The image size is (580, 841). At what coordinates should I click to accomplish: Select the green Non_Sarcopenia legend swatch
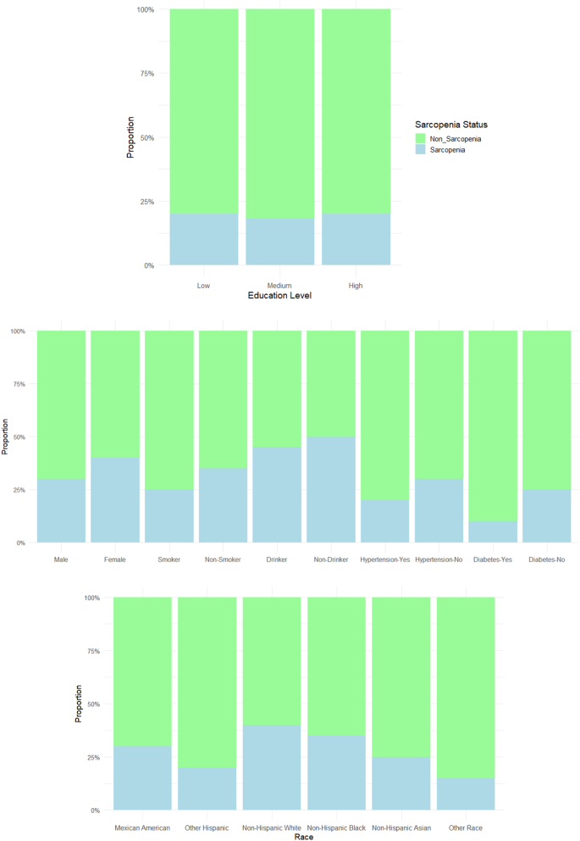coord(418,137)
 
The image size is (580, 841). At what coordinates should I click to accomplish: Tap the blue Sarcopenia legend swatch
coord(418,149)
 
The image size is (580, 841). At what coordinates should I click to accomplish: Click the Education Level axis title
coord(279,296)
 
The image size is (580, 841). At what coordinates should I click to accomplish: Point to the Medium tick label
coord(279,285)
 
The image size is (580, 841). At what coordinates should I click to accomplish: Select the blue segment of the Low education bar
coord(203,240)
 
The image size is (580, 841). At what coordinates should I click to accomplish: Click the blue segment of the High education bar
coord(356,240)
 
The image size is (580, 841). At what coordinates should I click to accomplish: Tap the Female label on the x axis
coord(115,559)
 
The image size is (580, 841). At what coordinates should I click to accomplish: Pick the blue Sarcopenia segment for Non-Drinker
coord(331,489)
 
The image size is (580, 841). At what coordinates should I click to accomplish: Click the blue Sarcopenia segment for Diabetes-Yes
coord(493,532)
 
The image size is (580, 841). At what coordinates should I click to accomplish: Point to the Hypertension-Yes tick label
coord(385,559)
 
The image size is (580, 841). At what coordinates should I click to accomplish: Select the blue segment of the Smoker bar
coord(168,515)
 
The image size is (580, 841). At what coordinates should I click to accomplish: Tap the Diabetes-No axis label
coord(547,559)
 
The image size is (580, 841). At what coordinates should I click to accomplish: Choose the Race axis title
coord(304,836)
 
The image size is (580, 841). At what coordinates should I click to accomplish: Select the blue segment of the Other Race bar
coord(466,794)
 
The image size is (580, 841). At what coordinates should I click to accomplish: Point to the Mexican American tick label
coord(142,827)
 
